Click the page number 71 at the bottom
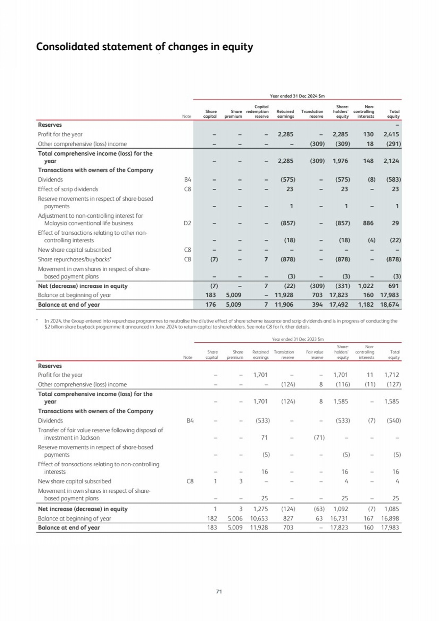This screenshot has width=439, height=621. (219, 591)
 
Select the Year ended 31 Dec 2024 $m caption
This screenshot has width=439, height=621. (297, 96)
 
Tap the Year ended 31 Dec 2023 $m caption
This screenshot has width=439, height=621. (298, 339)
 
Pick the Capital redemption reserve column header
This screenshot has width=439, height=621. (258, 111)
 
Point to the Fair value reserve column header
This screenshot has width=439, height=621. (315, 355)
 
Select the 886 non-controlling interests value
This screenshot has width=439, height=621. (368, 223)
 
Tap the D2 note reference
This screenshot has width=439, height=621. (187, 223)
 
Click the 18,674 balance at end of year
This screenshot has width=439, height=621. (389, 305)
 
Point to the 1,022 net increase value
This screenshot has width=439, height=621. (366, 286)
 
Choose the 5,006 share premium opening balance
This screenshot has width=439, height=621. (235, 518)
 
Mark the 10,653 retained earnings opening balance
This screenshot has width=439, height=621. (259, 518)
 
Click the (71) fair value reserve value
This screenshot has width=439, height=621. (319, 438)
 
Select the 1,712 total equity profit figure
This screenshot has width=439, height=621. (391, 375)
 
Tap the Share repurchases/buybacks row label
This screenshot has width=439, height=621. (75, 259)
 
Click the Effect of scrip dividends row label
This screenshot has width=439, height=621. (68, 189)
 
